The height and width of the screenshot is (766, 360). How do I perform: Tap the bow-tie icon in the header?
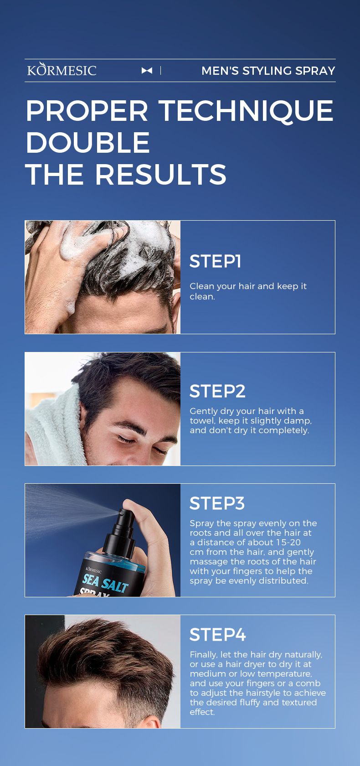click(147, 70)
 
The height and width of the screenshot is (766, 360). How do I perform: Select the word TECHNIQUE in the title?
click(246, 111)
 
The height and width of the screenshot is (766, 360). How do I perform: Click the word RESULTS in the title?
click(161, 174)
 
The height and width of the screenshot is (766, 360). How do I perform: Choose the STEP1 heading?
click(216, 261)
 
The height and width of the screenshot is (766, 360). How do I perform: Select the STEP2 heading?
click(217, 391)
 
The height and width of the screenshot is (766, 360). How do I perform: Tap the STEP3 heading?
click(217, 503)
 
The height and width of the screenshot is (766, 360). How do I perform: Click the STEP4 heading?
click(218, 635)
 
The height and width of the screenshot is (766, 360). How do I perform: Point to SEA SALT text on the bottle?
click(105, 582)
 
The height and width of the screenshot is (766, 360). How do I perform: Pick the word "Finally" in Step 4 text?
click(204, 655)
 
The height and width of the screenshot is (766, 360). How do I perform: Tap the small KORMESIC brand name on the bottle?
click(93, 571)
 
